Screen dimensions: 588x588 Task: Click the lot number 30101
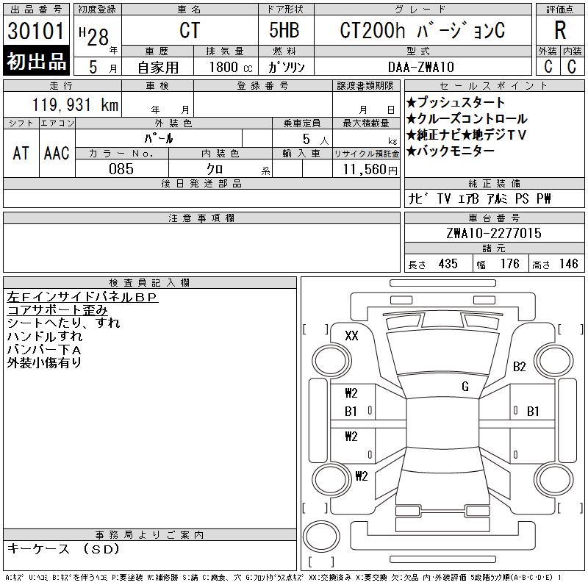click(x=36, y=31)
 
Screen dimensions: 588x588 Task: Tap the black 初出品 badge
click(x=36, y=61)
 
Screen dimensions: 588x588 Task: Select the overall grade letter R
click(x=560, y=30)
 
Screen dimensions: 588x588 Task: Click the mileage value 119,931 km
click(x=76, y=104)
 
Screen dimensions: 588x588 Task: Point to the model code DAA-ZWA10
click(x=421, y=67)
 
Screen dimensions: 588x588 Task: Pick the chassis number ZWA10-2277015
click(x=494, y=233)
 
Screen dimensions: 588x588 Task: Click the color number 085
click(x=121, y=169)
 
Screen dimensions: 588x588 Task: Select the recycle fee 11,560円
click(x=370, y=170)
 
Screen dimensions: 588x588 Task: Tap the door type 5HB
click(x=284, y=30)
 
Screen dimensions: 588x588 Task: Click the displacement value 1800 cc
click(x=231, y=67)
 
